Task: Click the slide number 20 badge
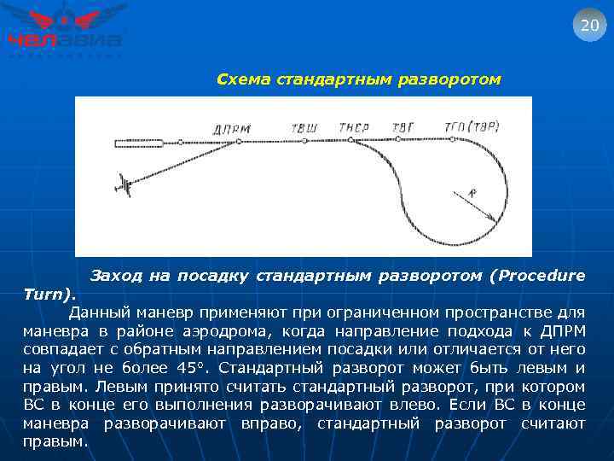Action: [589, 25]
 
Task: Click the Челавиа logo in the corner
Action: [65, 30]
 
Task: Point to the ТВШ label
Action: [304, 128]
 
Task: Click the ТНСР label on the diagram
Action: [353, 128]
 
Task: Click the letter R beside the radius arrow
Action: [473, 194]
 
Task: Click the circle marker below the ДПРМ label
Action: [239, 141]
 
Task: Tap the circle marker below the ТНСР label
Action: [350, 139]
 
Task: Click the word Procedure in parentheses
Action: [541, 276]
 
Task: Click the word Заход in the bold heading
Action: [116, 276]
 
